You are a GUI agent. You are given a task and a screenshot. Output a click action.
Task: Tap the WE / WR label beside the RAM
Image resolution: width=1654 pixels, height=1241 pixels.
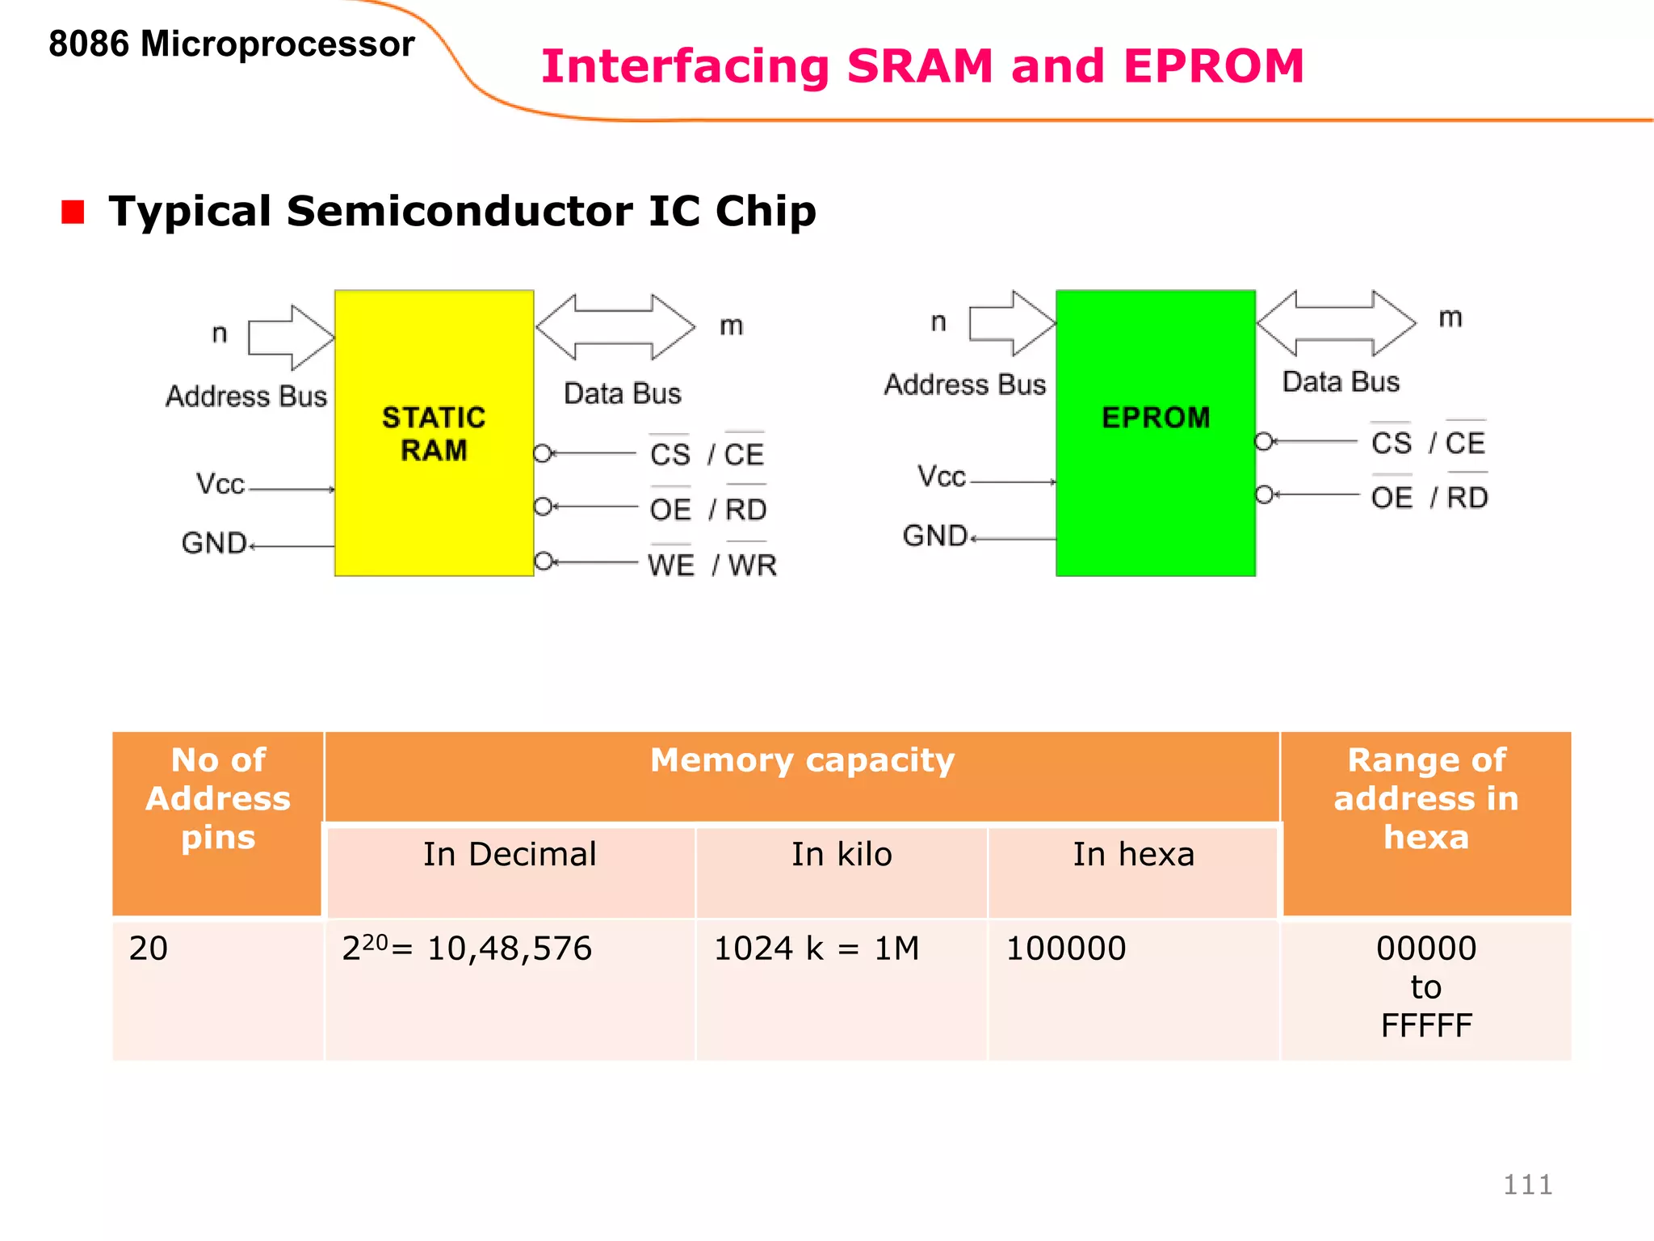coord(712,565)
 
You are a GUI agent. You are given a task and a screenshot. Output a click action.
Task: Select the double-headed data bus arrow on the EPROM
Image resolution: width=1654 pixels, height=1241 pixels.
coord(1337,323)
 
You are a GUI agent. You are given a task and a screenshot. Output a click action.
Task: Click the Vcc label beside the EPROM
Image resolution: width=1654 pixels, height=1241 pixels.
coord(941,476)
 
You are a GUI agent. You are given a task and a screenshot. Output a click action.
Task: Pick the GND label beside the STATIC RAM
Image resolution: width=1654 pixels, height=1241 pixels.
coord(214,543)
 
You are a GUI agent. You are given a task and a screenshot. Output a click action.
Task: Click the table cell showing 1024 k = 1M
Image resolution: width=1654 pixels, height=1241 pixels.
coord(817,949)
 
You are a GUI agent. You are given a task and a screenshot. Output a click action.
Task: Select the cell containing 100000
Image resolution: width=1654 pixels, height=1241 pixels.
coord(1065,949)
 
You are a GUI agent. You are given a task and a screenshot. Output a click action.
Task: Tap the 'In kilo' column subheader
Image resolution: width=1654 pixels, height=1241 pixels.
coord(842,855)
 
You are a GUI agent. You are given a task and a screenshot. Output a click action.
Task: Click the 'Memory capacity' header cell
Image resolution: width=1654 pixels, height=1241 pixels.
coord(802,761)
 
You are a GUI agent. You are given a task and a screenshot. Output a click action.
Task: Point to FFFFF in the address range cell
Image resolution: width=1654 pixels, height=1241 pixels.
coord(1426,1026)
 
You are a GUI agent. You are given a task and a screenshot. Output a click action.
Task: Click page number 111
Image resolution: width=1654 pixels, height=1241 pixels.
coord(1527,1184)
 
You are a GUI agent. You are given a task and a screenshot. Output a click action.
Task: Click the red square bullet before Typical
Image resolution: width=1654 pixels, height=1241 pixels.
coord(73,212)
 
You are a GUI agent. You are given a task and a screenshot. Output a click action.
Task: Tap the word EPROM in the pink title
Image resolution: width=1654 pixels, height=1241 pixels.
coord(1213,66)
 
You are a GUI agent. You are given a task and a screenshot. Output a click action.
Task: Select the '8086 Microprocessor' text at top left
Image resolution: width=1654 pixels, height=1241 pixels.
coord(231,44)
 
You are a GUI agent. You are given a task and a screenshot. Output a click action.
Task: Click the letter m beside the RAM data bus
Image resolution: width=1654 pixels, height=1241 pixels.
coord(731,326)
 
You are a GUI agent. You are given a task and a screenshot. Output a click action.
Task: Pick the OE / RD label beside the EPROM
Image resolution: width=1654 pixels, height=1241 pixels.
coord(1429,498)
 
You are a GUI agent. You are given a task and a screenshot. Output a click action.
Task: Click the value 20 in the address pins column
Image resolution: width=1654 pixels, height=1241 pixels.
coord(149,949)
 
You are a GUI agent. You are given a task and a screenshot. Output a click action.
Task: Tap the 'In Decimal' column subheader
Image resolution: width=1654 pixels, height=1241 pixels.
coord(510,855)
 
